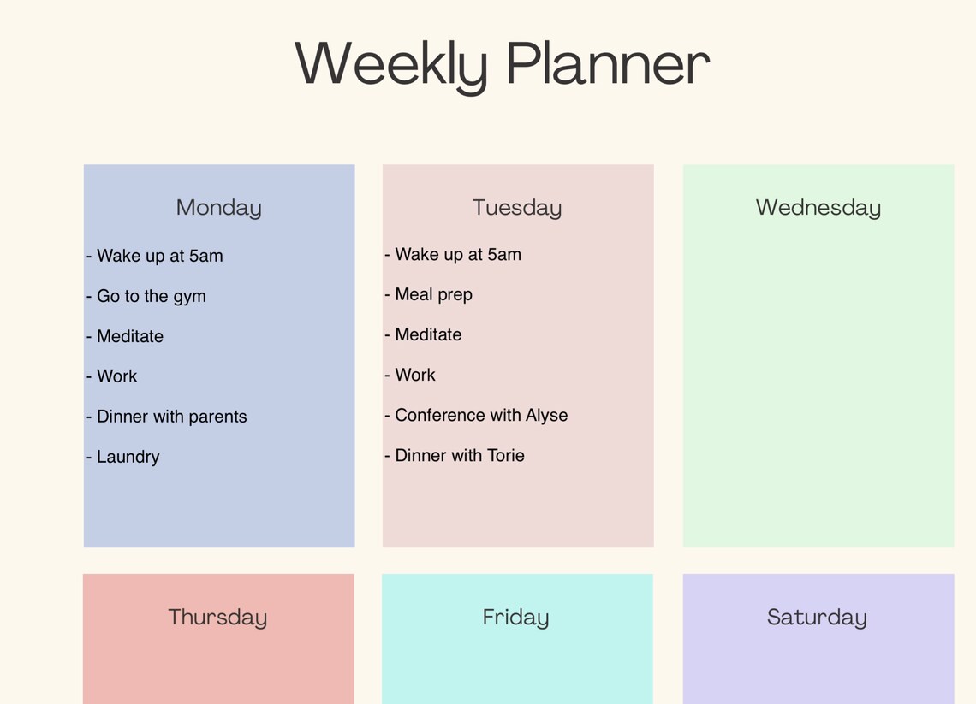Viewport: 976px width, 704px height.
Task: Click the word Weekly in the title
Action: tap(390, 64)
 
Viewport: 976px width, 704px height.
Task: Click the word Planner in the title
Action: tap(607, 64)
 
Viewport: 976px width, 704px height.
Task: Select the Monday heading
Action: tap(218, 208)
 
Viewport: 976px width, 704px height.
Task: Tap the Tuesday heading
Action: tap(517, 208)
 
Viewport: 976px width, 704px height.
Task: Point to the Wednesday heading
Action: tap(818, 208)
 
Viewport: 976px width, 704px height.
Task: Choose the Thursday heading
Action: tap(217, 618)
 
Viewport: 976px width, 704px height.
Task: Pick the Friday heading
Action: tap(515, 618)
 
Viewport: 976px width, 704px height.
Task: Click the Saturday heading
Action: tap(817, 618)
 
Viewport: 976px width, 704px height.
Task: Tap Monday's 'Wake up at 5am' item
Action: tap(159, 256)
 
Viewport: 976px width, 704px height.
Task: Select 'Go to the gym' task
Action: tap(151, 296)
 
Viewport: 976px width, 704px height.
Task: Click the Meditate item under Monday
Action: tap(129, 336)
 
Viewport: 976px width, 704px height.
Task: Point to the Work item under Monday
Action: tap(116, 376)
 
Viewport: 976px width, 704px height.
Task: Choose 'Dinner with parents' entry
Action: tap(171, 417)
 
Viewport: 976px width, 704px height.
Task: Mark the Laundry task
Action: tap(128, 457)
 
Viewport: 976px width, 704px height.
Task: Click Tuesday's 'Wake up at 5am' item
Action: tap(457, 254)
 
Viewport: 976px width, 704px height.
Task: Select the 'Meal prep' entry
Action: tap(433, 294)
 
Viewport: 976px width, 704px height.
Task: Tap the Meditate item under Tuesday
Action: tap(428, 334)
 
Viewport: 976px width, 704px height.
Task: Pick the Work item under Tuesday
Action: tap(415, 375)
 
